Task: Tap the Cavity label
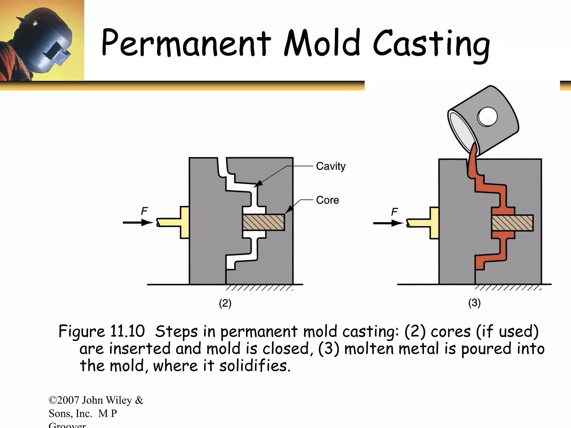331,166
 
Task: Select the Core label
327,200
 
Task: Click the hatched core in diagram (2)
263,222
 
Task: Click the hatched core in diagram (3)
512,223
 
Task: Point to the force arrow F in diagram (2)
138,222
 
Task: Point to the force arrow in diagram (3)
388,223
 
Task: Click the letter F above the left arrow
144,211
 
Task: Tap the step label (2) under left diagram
225,303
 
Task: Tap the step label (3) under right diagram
474,303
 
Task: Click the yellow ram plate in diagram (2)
184,222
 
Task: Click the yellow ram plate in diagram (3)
434,223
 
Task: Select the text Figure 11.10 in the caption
101,332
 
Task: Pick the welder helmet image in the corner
42,40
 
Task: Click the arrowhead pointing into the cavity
259,183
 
